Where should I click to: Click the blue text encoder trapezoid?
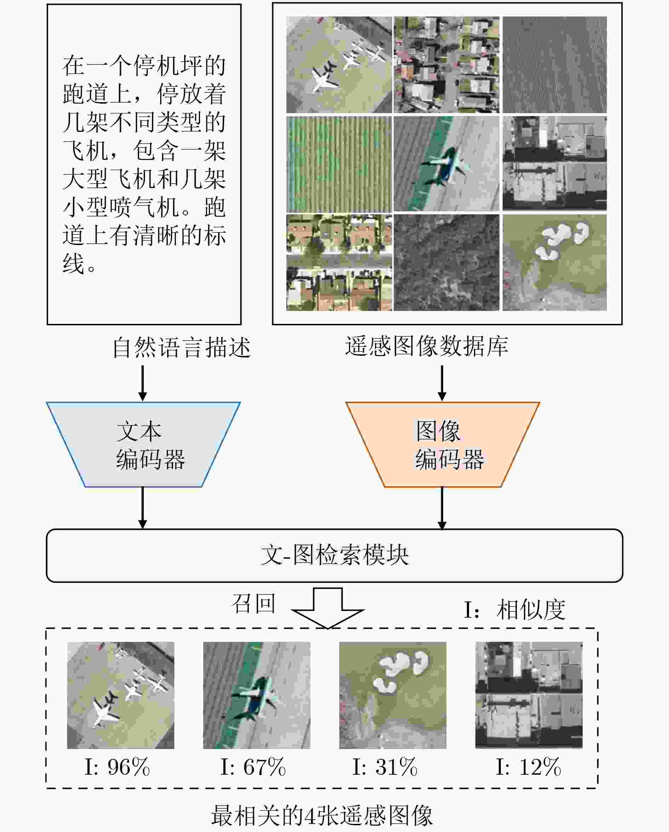click(x=143, y=444)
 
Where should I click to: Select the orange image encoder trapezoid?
click(x=443, y=444)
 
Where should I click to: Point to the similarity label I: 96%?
click(x=117, y=767)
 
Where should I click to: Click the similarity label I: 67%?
click(x=253, y=767)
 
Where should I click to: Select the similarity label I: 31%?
click(x=385, y=767)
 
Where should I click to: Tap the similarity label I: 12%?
click(x=529, y=767)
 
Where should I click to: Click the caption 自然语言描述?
click(x=182, y=347)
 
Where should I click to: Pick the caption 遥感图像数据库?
click(x=427, y=346)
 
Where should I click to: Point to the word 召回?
click(x=253, y=604)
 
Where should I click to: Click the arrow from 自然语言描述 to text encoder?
click(x=143, y=383)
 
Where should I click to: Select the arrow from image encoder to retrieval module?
click(x=442, y=508)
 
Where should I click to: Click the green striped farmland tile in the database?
click(x=339, y=164)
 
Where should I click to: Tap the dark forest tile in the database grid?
click(x=446, y=262)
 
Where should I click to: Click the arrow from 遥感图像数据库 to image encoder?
click(x=442, y=383)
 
